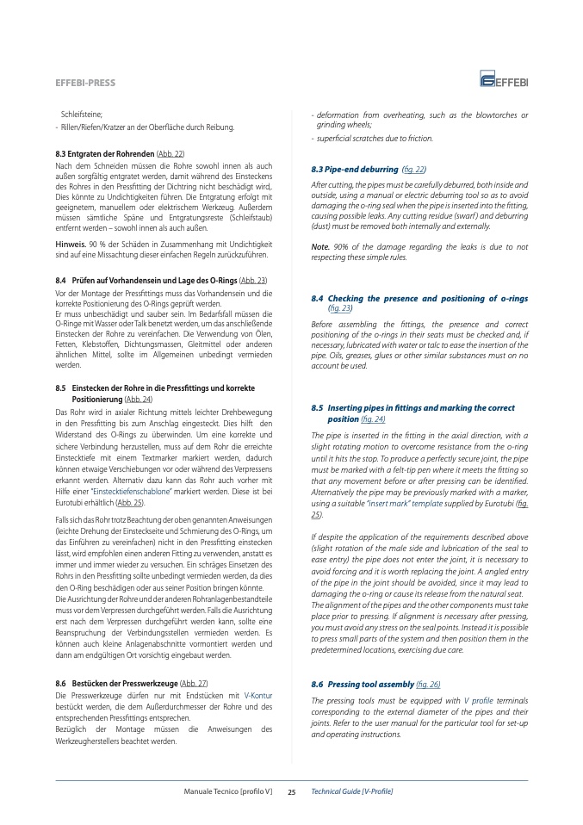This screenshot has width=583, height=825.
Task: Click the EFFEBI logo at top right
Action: click(505, 81)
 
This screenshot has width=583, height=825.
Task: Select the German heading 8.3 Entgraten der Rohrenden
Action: click(104, 153)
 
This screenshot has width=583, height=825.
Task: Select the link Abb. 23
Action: click(252, 281)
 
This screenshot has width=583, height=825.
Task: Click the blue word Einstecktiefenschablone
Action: click(139, 466)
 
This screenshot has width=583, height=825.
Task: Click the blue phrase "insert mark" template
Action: click(413, 503)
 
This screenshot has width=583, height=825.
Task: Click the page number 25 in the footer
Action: click(292, 791)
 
